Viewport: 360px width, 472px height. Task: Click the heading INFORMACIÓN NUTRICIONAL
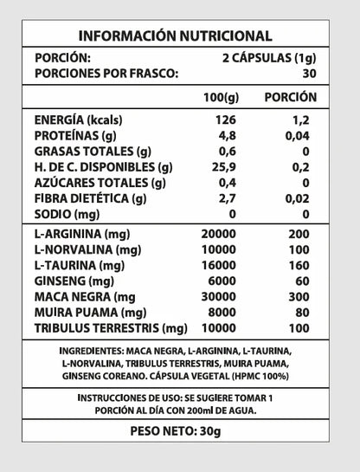[176, 36]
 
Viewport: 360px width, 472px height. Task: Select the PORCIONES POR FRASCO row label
[106, 74]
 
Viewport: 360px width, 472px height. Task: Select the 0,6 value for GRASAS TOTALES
[225, 152]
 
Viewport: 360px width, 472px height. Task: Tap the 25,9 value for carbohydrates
[224, 167]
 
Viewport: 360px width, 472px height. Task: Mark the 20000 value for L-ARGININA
[218, 235]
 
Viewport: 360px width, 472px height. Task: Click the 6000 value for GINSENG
[222, 281]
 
